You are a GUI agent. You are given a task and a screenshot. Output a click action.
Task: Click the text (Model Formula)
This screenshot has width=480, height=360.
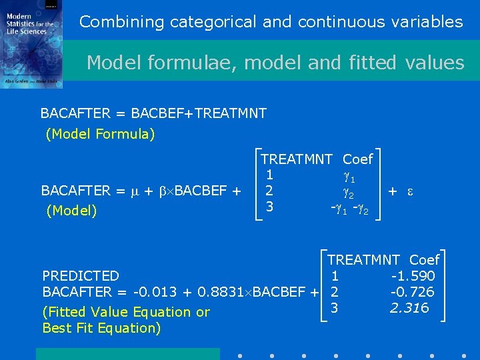pyautogui.click(x=100, y=134)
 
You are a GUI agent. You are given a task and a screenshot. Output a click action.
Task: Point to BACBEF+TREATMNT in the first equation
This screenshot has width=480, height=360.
pyautogui.click(x=199, y=113)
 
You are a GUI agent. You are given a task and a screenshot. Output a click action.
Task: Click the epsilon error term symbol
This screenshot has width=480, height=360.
pyautogui.click(x=411, y=191)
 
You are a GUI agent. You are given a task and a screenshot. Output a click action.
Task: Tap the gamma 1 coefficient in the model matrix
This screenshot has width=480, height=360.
pyautogui.click(x=349, y=176)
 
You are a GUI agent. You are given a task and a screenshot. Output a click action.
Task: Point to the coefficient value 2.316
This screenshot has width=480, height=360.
pyautogui.click(x=410, y=308)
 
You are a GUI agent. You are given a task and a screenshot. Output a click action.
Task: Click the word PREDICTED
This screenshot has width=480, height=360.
pyautogui.click(x=81, y=276)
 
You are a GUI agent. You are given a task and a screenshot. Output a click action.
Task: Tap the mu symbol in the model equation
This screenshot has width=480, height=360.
pyautogui.click(x=133, y=191)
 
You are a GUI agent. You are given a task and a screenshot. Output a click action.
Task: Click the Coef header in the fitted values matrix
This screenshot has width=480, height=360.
pyautogui.click(x=424, y=260)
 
